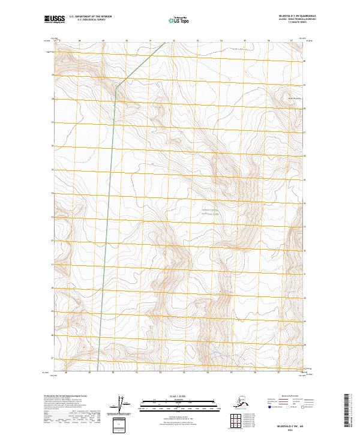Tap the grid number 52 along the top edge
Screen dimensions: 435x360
(174, 41)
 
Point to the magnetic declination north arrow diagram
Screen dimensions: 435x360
(124, 405)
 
